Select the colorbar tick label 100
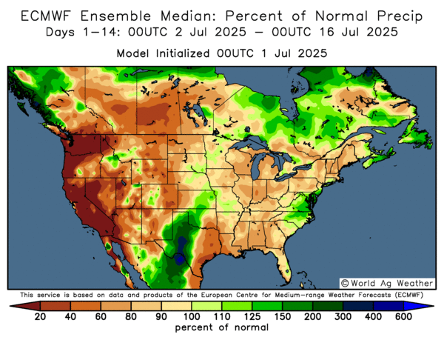(181, 316)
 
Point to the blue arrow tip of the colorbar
(428, 304)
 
